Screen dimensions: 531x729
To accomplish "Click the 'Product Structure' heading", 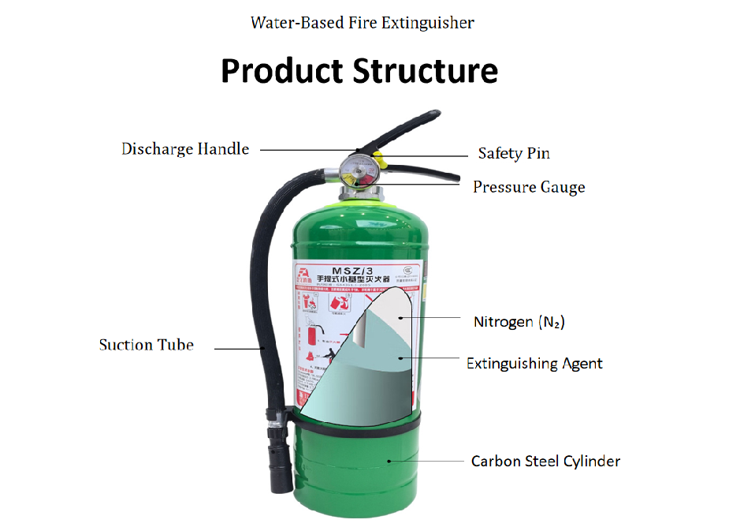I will coord(359,70).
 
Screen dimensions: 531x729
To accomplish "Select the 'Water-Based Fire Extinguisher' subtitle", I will coord(362,22).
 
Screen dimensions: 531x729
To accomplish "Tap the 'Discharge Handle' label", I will coord(185,148).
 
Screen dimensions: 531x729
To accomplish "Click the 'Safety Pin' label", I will coord(514,153).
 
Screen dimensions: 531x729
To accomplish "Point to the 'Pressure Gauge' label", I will coord(529,187).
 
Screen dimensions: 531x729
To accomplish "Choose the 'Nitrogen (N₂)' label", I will coord(519,322).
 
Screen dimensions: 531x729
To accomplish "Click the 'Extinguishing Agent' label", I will coord(534,364).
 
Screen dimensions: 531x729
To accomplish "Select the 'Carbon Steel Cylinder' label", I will coord(545,461).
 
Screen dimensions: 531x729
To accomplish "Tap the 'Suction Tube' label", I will coord(146,345).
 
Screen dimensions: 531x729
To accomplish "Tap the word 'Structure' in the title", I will coord(426,70).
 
